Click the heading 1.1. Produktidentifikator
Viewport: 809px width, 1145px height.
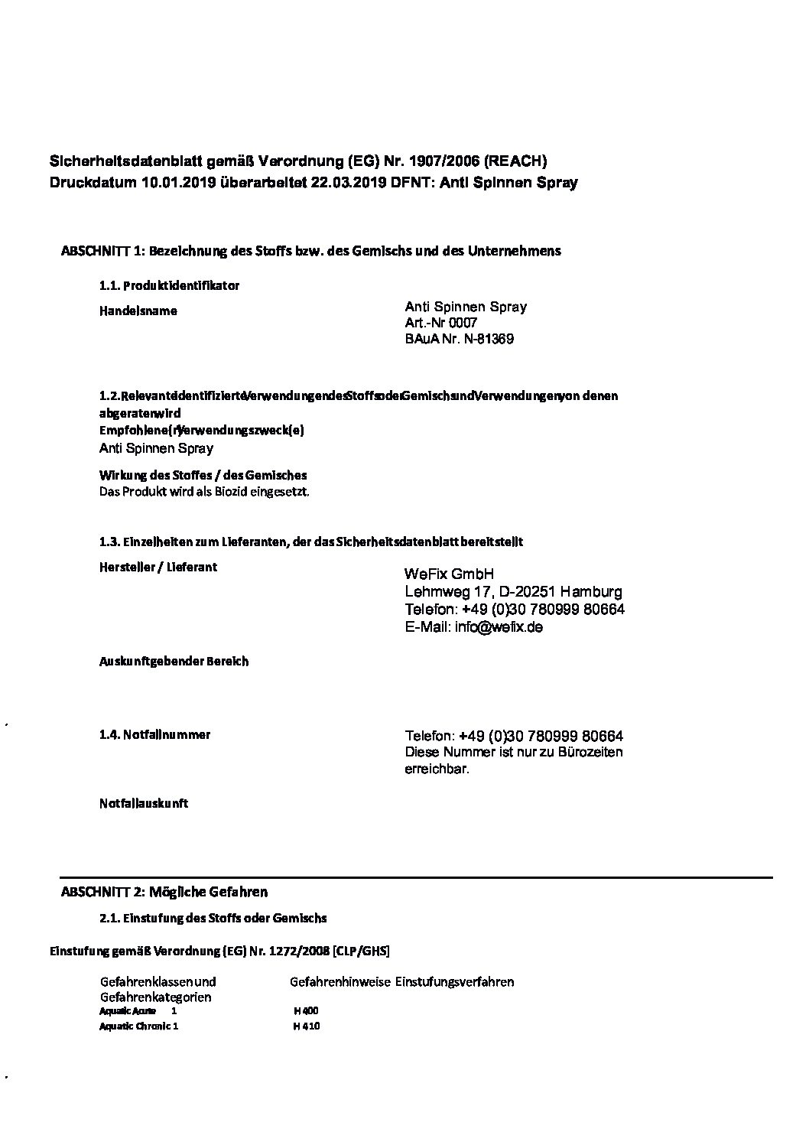tap(169, 285)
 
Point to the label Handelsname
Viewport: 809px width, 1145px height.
tap(138, 311)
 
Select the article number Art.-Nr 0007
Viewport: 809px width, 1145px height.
tap(441, 323)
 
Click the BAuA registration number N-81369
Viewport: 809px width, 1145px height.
tap(489, 339)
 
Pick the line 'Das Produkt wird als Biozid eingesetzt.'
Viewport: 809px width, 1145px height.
tap(205, 492)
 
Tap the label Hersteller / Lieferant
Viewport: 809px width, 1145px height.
tap(158, 567)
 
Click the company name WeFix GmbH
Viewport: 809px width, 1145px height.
tap(450, 574)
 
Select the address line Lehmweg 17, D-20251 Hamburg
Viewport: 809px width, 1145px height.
tap(513, 591)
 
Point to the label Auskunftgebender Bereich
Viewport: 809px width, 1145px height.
tap(174, 661)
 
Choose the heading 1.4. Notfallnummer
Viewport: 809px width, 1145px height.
tap(154, 734)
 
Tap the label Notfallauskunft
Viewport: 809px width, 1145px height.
tap(144, 803)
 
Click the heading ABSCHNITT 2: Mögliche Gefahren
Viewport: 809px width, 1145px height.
tap(164, 892)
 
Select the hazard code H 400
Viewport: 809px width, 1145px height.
tap(306, 1010)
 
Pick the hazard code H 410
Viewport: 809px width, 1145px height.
tap(306, 1026)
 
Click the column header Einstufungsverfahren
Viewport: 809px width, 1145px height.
tap(454, 981)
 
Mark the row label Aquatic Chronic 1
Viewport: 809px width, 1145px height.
tap(138, 1026)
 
